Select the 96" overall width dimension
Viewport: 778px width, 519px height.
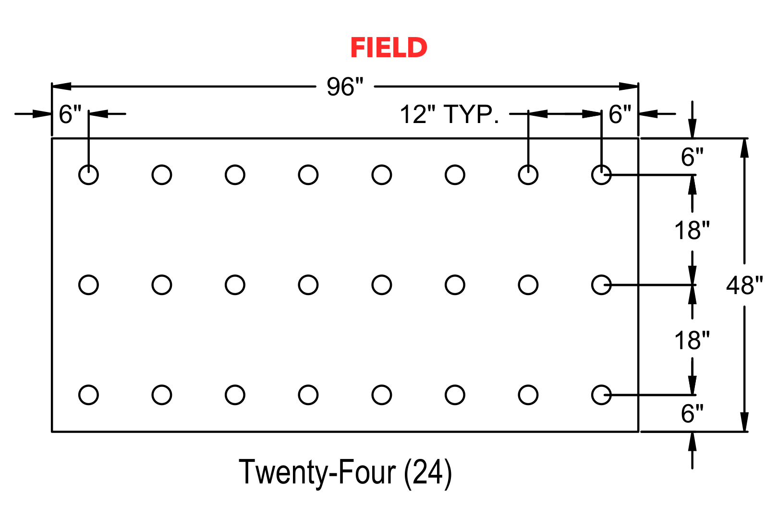[345, 86]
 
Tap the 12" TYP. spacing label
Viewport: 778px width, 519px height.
[450, 114]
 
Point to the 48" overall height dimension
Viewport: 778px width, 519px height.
[744, 285]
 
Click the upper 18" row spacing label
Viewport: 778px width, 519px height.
[692, 230]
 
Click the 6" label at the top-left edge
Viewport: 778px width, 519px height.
[70, 114]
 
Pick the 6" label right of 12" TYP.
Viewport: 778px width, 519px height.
[620, 114]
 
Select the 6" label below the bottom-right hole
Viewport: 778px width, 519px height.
[692, 414]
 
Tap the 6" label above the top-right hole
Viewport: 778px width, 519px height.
[692, 157]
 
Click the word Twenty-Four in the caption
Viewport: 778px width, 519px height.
[317, 472]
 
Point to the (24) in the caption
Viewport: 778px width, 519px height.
[428, 473]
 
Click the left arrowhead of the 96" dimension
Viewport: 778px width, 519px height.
[61, 86]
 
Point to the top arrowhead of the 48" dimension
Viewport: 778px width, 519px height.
[744, 148]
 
